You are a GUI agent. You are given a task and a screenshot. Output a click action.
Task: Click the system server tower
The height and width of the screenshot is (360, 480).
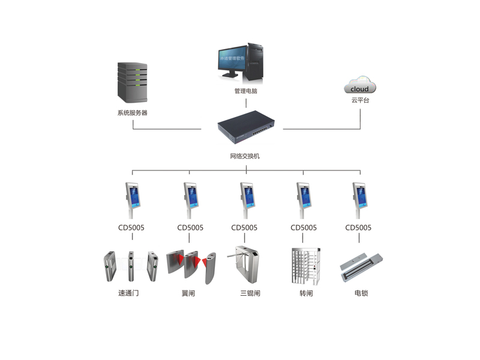(x=132, y=82)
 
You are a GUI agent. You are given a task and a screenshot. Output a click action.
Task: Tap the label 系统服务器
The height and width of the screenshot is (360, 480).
(x=132, y=112)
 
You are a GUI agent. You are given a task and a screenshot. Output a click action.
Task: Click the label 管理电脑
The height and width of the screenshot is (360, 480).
(x=246, y=92)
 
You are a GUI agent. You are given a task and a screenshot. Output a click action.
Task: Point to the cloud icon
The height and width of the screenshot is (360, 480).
(x=360, y=85)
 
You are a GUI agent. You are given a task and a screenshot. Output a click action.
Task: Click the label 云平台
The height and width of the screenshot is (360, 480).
(x=360, y=100)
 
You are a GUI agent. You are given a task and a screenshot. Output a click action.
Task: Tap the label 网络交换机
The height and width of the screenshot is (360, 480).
(x=245, y=156)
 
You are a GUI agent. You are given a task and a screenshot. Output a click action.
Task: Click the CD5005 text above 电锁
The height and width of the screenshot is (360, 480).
(x=358, y=227)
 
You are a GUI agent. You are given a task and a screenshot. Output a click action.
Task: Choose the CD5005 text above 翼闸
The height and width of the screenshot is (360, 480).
(x=190, y=227)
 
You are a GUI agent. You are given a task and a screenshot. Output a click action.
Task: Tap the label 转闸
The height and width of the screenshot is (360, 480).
(x=306, y=293)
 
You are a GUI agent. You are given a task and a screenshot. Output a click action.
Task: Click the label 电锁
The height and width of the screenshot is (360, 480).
(x=361, y=293)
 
